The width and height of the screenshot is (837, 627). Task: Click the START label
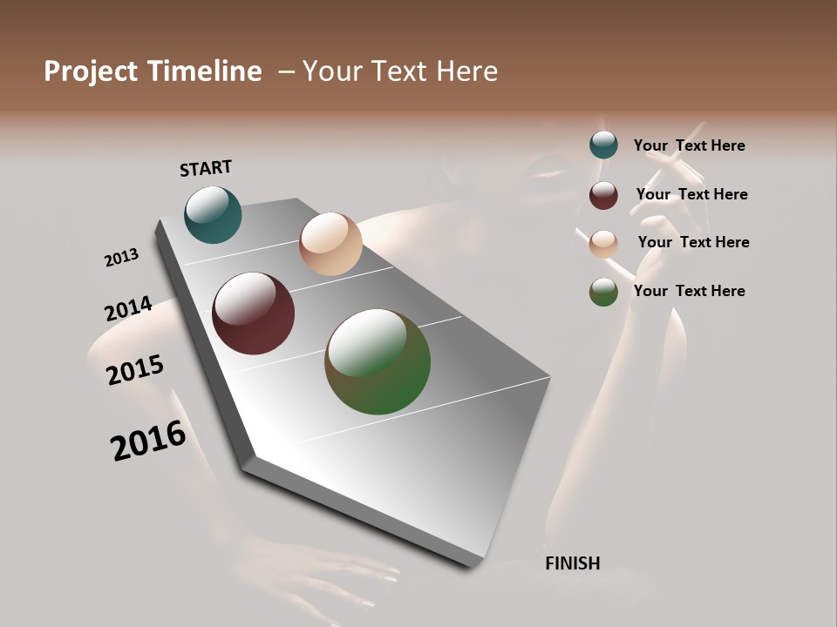pyautogui.click(x=206, y=168)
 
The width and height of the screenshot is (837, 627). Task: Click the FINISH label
pyautogui.click(x=572, y=563)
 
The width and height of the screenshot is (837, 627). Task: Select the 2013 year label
pyautogui.click(x=121, y=258)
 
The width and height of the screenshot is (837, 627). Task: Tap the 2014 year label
pyautogui.click(x=128, y=309)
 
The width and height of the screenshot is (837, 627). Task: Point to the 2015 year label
pyautogui.click(x=135, y=370)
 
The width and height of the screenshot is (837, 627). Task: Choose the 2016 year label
pyautogui.click(x=148, y=441)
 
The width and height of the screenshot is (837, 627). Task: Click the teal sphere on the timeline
pyautogui.click(x=213, y=214)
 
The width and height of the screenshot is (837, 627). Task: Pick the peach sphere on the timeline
pyautogui.click(x=330, y=244)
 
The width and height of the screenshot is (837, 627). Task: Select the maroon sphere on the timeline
pyautogui.click(x=253, y=313)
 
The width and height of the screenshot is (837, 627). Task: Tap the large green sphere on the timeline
pyautogui.click(x=378, y=361)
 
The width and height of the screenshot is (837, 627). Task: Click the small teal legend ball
pyautogui.click(x=603, y=145)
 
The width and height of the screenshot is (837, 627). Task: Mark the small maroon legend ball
pyautogui.click(x=603, y=195)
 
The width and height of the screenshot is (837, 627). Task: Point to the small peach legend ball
pyautogui.click(x=603, y=244)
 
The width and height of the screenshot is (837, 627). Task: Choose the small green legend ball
pyautogui.click(x=603, y=292)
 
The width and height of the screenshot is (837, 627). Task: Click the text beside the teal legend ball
pyautogui.click(x=689, y=145)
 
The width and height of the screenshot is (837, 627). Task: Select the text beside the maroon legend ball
pyautogui.click(x=691, y=194)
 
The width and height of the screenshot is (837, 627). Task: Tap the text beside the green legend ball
pyautogui.click(x=689, y=291)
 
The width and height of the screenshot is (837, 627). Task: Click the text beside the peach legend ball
pyautogui.click(x=693, y=242)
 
